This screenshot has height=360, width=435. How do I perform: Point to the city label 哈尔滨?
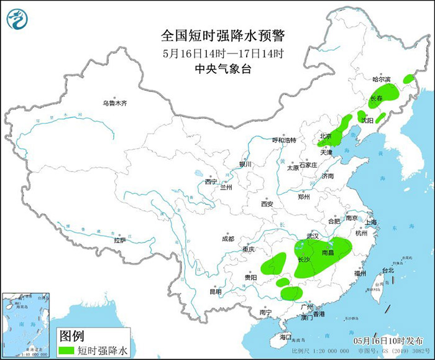click(x=381, y=80)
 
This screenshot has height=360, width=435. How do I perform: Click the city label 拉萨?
click(x=120, y=240)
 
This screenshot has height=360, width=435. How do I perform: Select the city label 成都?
click(x=227, y=239)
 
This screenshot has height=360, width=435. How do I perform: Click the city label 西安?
click(x=267, y=203)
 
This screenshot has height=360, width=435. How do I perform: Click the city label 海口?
click(x=285, y=336)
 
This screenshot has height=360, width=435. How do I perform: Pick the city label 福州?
click(x=360, y=273)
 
